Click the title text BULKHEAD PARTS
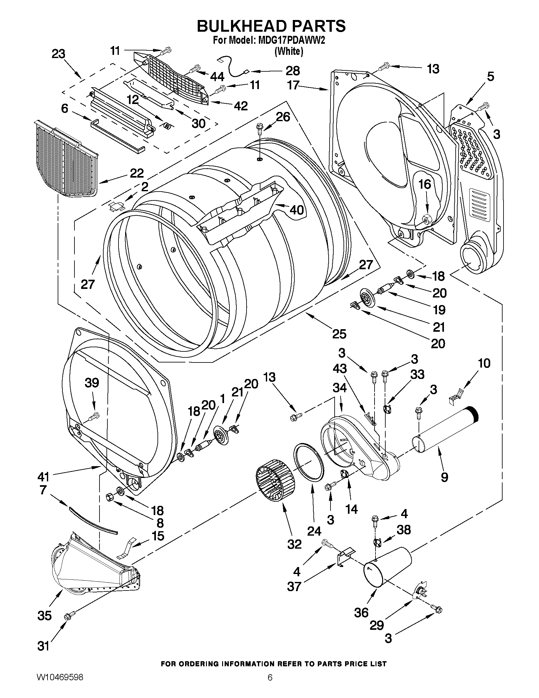271,26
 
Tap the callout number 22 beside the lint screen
137,173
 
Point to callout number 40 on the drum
296,210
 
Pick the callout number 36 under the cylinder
361,613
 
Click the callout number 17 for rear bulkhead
293,85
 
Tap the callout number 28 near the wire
292,70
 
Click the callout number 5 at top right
491,77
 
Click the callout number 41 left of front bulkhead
43,477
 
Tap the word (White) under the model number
289,51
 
